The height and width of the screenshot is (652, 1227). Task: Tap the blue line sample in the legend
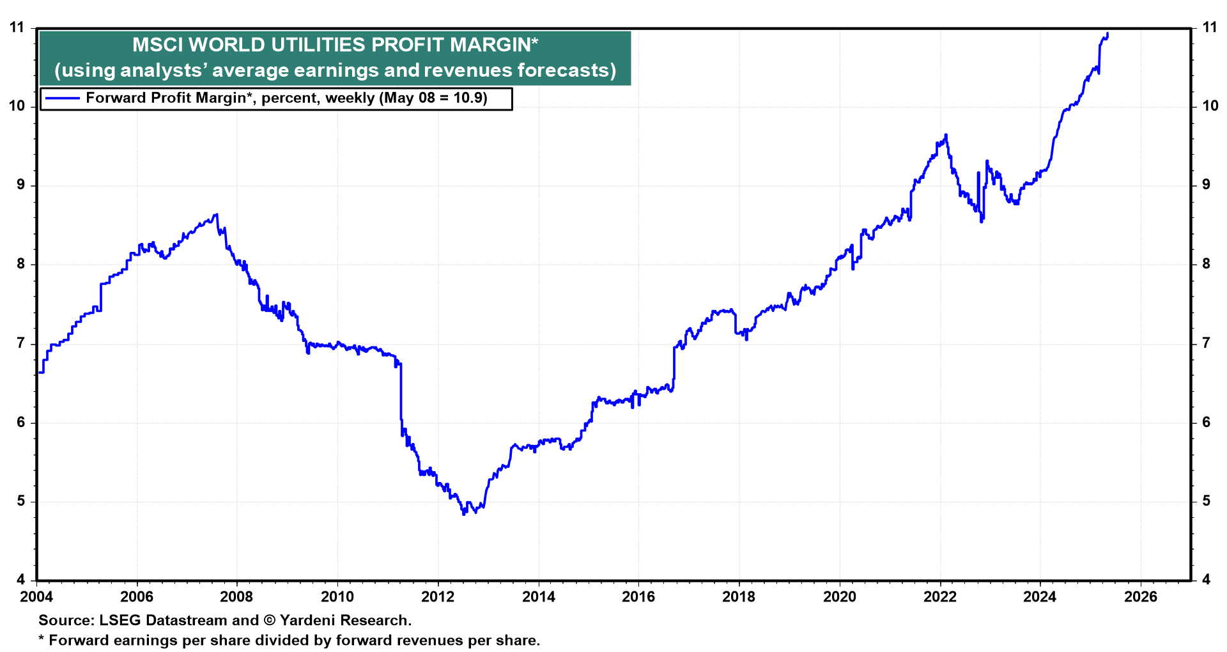[60, 98]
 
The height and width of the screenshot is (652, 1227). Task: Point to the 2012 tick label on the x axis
[438, 597]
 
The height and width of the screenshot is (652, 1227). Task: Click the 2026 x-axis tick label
[1141, 597]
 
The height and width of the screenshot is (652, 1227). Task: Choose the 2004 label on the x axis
[37, 597]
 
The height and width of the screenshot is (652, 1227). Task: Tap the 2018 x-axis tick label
[739, 597]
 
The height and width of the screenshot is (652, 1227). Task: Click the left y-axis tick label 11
[17, 27]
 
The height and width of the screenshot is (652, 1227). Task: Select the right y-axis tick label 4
[1207, 580]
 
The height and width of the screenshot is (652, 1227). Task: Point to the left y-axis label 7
[21, 343]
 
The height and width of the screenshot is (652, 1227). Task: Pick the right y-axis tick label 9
[1207, 185]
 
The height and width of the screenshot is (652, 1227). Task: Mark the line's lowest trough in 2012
[463, 514]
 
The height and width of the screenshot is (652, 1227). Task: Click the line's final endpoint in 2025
[1107, 34]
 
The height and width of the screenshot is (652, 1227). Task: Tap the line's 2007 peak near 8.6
[217, 214]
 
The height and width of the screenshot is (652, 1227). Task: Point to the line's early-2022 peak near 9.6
[946, 135]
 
